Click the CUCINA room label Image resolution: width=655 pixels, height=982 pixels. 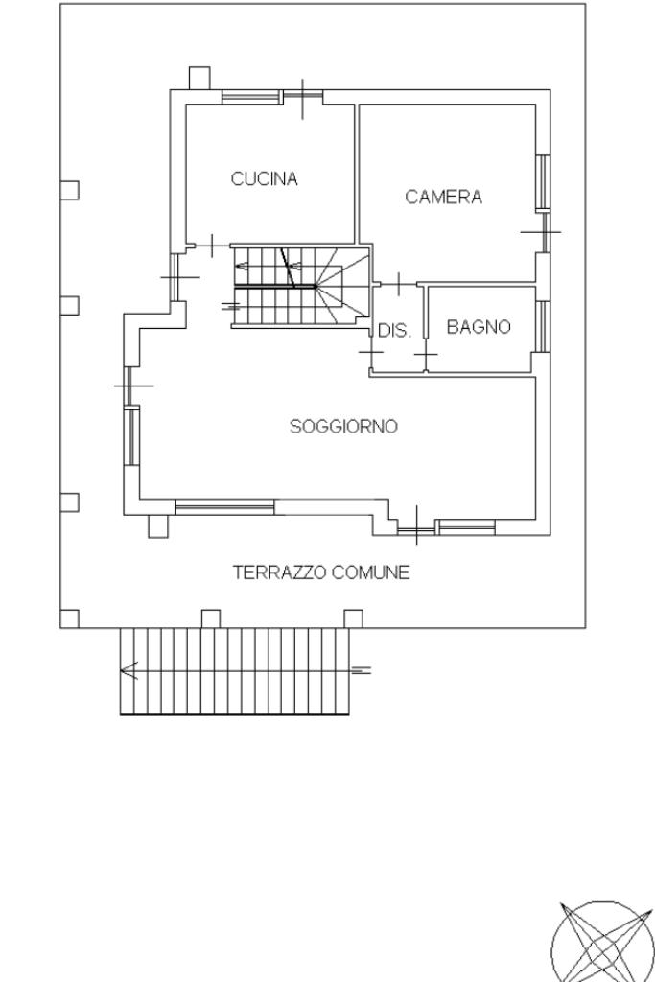click(x=265, y=179)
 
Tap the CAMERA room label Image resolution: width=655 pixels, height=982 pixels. click(x=443, y=198)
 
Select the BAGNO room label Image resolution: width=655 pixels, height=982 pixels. click(x=479, y=327)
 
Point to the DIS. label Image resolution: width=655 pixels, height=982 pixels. click(x=394, y=331)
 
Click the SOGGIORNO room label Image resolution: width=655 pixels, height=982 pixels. click(x=343, y=427)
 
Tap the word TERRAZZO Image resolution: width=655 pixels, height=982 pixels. click(x=279, y=573)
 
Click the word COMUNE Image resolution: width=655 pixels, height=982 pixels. click(x=371, y=573)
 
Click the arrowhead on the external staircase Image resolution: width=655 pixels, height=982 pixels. click(x=129, y=670)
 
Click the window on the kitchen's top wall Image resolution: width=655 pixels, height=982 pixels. click(x=250, y=97)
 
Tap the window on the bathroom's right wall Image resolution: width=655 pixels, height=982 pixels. click(x=544, y=326)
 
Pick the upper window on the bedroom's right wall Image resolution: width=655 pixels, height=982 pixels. click(x=543, y=181)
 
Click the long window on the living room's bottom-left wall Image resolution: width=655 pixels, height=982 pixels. click(x=224, y=507)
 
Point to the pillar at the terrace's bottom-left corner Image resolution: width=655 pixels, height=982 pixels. click(x=69, y=619)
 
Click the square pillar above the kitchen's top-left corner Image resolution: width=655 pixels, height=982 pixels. click(x=199, y=79)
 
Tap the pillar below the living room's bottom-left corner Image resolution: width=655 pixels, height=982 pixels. click(x=158, y=526)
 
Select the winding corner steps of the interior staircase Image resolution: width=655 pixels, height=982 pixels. click(x=343, y=287)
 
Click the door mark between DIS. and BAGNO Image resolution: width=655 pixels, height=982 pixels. click(x=426, y=356)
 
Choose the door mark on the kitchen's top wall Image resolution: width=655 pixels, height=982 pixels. click(x=303, y=99)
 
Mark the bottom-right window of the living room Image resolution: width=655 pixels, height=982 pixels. click(x=466, y=527)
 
